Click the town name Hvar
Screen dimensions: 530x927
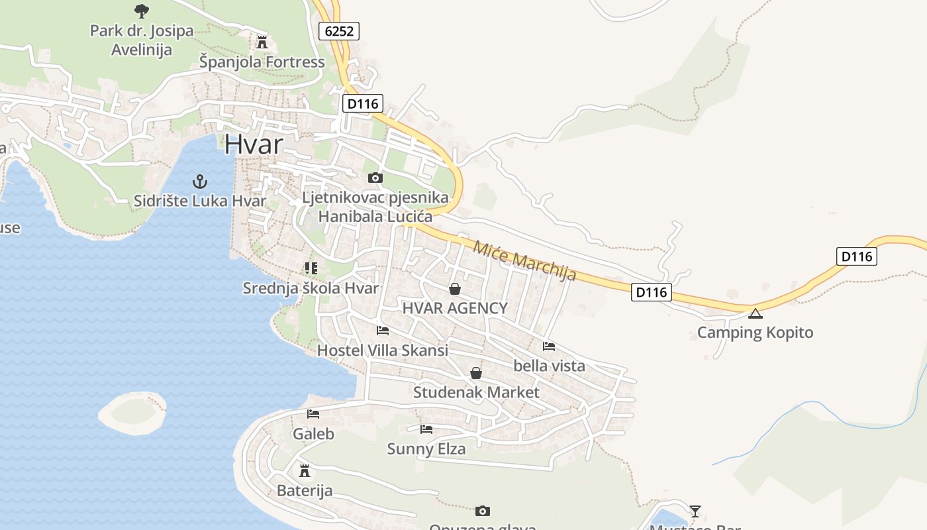tap(254, 144)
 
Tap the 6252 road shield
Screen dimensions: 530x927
tap(338, 30)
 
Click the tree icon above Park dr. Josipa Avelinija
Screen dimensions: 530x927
tap(141, 11)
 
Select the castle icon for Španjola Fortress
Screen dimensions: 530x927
tap(262, 42)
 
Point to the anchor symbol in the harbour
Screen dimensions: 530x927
tap(199, 181)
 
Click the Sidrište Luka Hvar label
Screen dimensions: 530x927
tap(200, 201)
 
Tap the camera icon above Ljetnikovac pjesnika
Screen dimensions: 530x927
tap(375, 178)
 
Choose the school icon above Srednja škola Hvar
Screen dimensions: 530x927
tap(311, 268)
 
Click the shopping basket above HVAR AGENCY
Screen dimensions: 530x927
tap(455, 289)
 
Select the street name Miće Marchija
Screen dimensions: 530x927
tap(524, 260)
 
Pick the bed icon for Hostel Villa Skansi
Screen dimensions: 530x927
tap(382, 330)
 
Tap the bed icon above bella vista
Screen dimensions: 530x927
tap(549, 346)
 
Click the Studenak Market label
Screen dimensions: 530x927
tap(476, 392)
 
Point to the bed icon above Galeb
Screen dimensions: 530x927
tap(313, 414)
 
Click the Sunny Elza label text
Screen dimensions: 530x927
tap(426, 449)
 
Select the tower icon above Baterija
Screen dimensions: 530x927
tap(305, 471)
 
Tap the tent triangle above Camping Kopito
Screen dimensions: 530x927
tap(755, 313)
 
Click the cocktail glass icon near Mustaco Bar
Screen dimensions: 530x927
tap(695, 511)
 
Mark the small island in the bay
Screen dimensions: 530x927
tap(132, 413)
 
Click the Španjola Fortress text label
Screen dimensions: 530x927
tap(262, 62)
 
